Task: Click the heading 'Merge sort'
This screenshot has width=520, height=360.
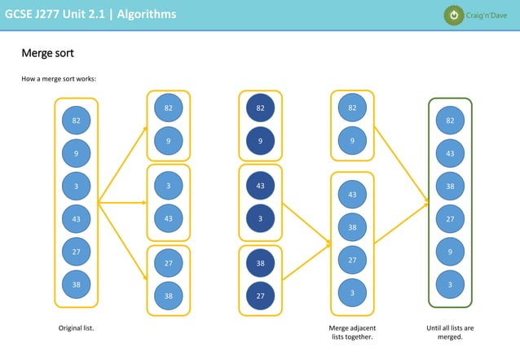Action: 47,54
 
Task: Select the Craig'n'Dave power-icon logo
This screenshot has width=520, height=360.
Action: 453,15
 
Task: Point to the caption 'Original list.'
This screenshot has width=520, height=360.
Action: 76,328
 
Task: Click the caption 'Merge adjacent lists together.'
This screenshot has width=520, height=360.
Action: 352,332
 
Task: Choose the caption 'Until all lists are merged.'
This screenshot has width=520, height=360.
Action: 450,332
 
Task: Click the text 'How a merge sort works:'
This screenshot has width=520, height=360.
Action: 59,79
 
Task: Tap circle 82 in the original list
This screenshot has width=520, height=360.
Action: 76,121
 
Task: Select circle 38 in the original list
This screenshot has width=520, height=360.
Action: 76,285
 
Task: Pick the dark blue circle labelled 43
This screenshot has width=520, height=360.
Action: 260,186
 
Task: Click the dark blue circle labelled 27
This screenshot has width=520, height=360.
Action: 260,296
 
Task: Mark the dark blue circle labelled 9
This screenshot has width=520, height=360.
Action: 260,141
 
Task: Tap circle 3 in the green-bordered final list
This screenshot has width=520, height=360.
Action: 450,284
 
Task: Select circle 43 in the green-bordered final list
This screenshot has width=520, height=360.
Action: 450,153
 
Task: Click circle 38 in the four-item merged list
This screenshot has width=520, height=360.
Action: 352,227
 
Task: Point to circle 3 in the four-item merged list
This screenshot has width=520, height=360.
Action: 352,293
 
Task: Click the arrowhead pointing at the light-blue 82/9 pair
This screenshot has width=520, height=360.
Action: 144,128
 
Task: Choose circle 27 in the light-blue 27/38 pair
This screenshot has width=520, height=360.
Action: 168,263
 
